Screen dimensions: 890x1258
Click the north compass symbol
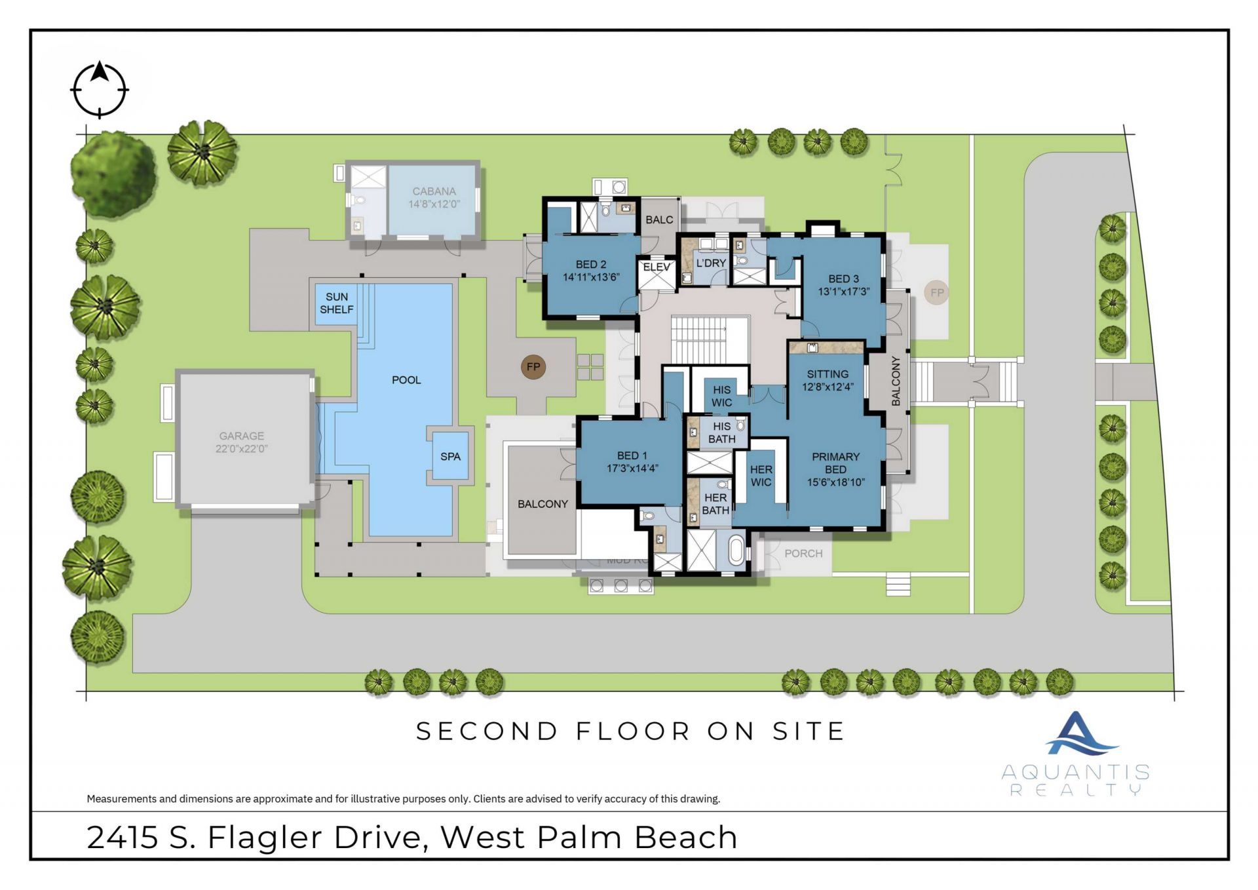[x=99, y=90]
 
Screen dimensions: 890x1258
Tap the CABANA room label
[x=434, y=191]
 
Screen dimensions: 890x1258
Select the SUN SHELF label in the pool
[x=337, y=303]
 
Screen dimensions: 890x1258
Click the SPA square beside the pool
[x=450, y=457]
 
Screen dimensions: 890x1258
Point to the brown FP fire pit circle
[x=533, y=367]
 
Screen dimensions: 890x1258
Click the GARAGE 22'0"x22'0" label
[x=242, y=442]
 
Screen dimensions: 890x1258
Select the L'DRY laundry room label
[x=711, y=263]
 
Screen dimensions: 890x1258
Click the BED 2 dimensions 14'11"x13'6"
[x=591, y=277]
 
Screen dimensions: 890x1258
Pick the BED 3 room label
[x=843, y=279]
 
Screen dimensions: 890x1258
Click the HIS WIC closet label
[x=721, y=396]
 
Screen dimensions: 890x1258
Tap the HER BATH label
[x=715, y=504]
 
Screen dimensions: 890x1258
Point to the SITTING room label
[x=828, y=374]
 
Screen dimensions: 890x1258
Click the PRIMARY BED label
[x=835, y=463]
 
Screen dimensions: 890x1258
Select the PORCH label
[x=803, y=554]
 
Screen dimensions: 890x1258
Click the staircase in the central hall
[x=700, y=339]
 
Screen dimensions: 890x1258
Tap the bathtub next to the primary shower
[x=736, y=551]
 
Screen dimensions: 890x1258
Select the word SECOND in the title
[x=487, y=731]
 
